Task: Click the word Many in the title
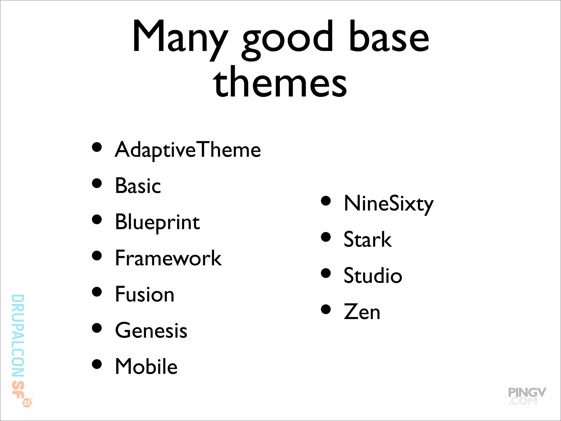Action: (179, 37)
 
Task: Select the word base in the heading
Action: (389, 37)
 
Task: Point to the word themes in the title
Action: (280, 82)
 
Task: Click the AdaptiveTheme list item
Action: (188, 150)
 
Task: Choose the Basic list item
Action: (138, 186)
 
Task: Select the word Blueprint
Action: (157, 222)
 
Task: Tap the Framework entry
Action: (168, 258)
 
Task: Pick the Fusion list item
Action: (144, 294)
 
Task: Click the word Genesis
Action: (151, 331)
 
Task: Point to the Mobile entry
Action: (146, 366)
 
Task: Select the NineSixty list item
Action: (388, 204)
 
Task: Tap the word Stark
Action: (367, 240)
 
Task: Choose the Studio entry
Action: (373, 276)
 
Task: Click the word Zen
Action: (362, 312)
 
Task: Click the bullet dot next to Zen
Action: (326, 309)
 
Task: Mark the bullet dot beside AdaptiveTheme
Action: (97, 147)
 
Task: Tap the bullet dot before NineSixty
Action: (326, 201)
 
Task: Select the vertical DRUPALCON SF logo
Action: (19, 348)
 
